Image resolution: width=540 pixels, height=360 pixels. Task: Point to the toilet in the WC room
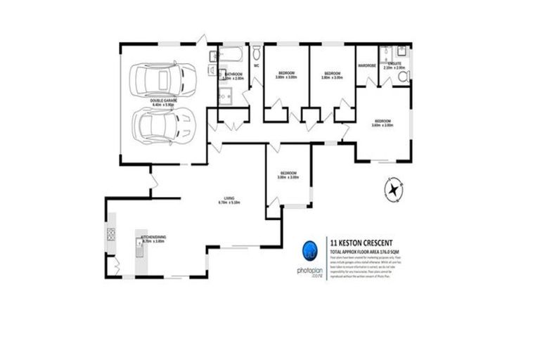coord(256,53)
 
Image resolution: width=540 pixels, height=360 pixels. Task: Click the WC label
coord(257,67)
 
